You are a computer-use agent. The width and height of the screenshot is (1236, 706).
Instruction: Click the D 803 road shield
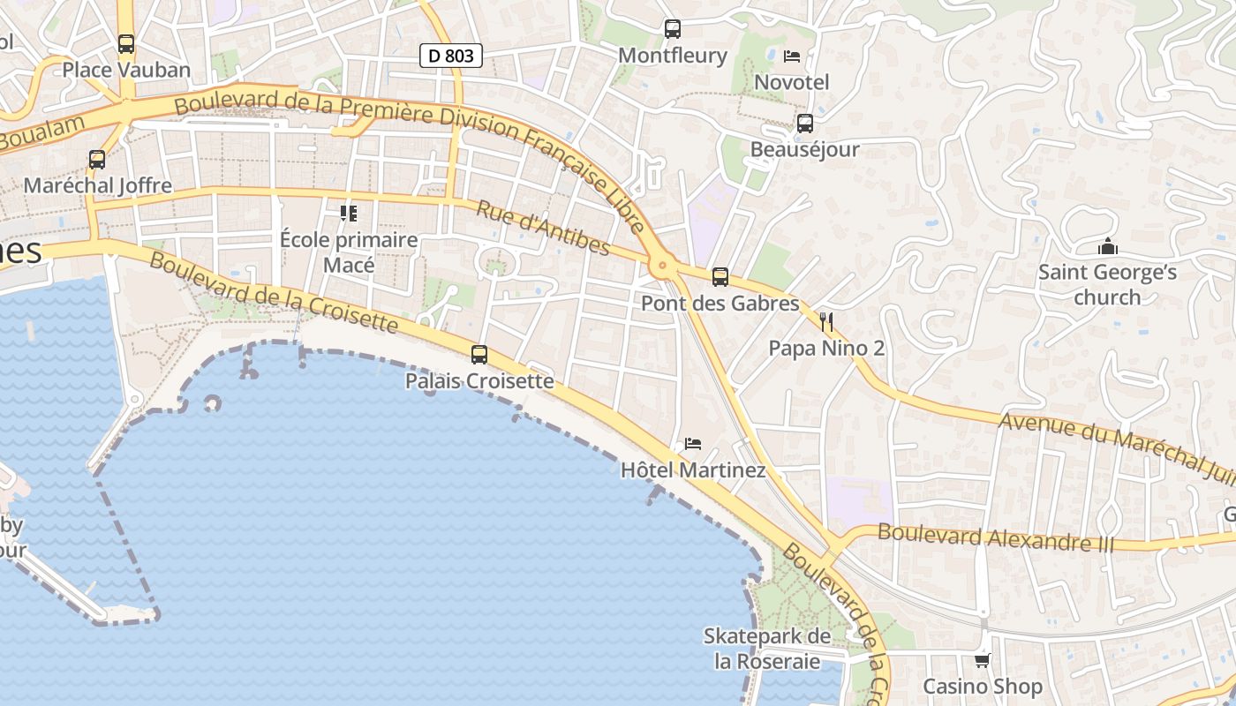click(450, 56)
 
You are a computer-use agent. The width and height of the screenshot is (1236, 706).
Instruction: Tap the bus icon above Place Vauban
click(126, 43)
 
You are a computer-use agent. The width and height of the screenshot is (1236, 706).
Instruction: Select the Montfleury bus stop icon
click(673, 29)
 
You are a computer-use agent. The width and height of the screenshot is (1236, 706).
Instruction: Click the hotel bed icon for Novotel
click(792, 56)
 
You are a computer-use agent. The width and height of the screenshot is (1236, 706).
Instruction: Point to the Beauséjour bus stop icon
click(804, 124)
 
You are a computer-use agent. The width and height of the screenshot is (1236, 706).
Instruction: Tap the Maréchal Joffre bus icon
click(97, 160)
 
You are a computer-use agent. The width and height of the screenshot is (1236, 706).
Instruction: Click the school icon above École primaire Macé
click(349, 214)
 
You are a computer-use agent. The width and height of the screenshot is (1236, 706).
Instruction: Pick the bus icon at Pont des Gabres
click(720, 277)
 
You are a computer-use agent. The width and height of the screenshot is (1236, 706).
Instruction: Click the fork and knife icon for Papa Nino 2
click(826, 321)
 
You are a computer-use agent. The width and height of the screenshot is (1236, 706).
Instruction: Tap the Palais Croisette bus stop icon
click(479, 355)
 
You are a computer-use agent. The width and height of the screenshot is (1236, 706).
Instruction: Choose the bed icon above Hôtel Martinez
click(693, 443)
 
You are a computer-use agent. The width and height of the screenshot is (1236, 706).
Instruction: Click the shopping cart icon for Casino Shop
click(982, 660)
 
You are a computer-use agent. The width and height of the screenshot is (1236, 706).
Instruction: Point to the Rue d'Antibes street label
click(543, 228)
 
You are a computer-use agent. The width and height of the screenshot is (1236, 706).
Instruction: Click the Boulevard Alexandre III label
click(996, 537)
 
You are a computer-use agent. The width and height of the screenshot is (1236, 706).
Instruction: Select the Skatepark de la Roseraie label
click(767, 649)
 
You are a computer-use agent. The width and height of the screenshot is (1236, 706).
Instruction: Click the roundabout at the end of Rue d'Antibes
click(661, 264)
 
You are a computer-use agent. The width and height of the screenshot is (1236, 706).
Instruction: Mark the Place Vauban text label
click(126, 70)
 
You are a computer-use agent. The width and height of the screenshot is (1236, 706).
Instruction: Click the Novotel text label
click(792, 82)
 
